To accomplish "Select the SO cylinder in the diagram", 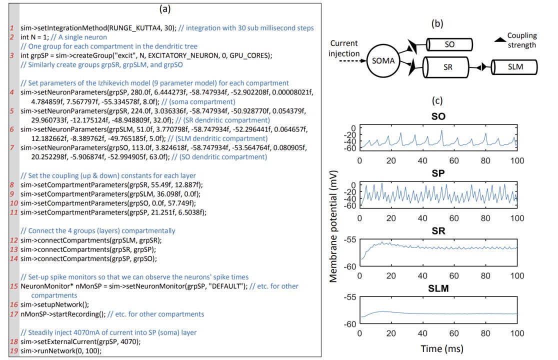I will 449,44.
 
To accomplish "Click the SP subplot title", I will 437,175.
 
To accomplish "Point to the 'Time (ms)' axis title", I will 437,347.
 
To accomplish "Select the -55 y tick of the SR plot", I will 349,239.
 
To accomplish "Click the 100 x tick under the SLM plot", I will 516,333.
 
